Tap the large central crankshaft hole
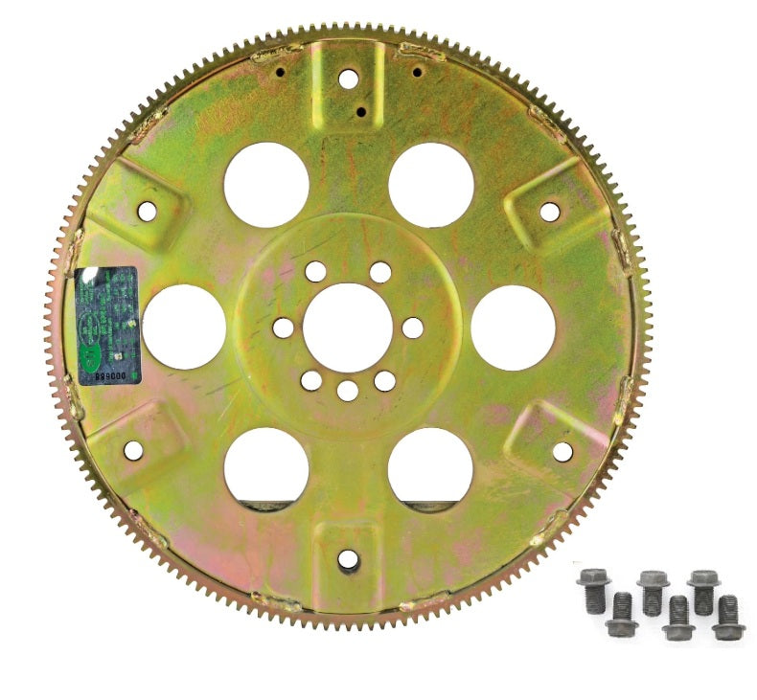[348, 327]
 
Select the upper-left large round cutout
[266, 185]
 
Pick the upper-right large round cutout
[431, 185]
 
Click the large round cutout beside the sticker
[184, 327]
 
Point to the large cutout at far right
[514, 327]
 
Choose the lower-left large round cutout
[266, 468]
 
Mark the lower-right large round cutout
[430, 468]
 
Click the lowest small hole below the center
[348, 390]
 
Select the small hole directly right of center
[413, 327]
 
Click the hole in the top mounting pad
[350, 78]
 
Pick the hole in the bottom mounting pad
[349, 558]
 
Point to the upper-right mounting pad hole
[550, 211]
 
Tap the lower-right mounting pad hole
[562, 451]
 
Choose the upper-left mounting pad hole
[147, 211]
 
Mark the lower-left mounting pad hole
[133, 449]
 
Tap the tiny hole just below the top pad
[361, 112]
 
